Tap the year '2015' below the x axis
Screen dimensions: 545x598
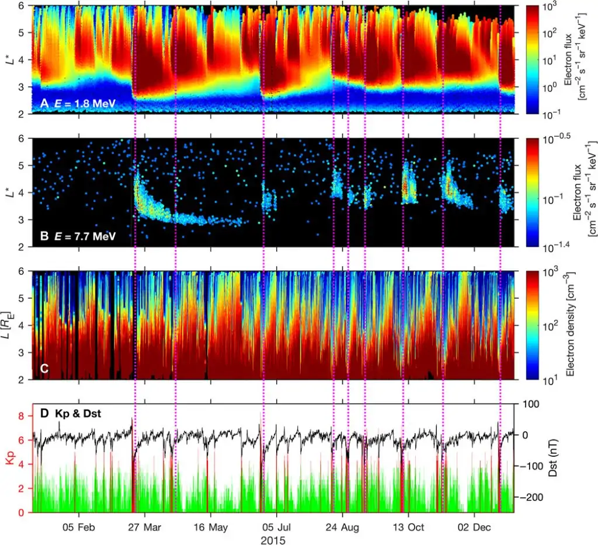coord(274,539)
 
